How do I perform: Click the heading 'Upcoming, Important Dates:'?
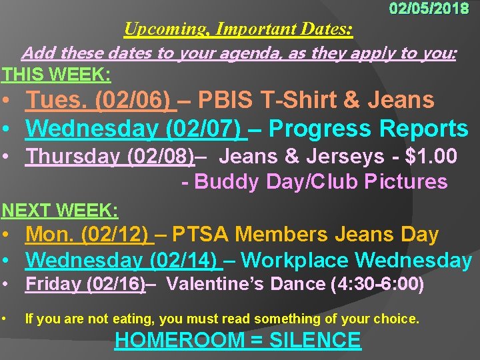tap(239, 29)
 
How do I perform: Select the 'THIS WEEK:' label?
tap(56, 73)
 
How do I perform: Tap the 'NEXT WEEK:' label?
tap(60, 211)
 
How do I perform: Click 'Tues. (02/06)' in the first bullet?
tap(97, 101)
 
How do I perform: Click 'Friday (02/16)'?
tap(85, 284)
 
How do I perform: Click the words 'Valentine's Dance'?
tap(246, 284)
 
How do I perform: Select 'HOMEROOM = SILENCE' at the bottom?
tap(238, 341)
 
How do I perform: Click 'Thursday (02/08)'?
tap(110, 157)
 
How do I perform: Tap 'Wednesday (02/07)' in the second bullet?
tap(134, 128)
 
